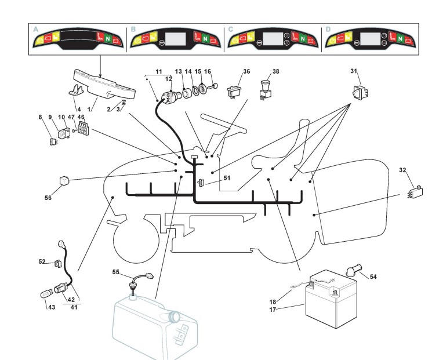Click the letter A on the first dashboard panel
click(37, 28)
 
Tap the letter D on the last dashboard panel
click(328, 28)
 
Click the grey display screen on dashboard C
click(272, 39)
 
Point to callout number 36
click(246, 72)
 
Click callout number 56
click(48, 197)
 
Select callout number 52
click(42, 261)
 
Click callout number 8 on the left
click(41, 117)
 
